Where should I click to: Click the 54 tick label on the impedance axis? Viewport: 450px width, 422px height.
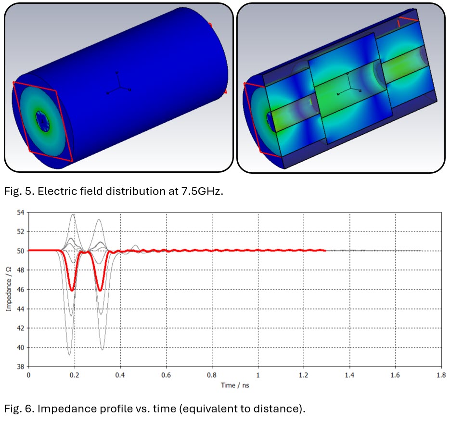21,213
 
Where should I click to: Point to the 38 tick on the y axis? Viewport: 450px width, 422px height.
21,367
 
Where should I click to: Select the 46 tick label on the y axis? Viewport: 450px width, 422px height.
21,290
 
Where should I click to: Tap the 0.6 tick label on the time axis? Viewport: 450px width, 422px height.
166,375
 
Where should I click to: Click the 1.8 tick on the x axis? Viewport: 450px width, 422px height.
441,375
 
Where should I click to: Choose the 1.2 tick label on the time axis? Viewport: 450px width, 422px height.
303,375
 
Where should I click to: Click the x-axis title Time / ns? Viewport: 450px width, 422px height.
235,385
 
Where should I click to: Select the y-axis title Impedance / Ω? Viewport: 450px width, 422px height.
9,289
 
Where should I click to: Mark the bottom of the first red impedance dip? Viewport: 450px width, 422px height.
72,290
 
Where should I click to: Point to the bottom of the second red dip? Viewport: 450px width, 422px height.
100,290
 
